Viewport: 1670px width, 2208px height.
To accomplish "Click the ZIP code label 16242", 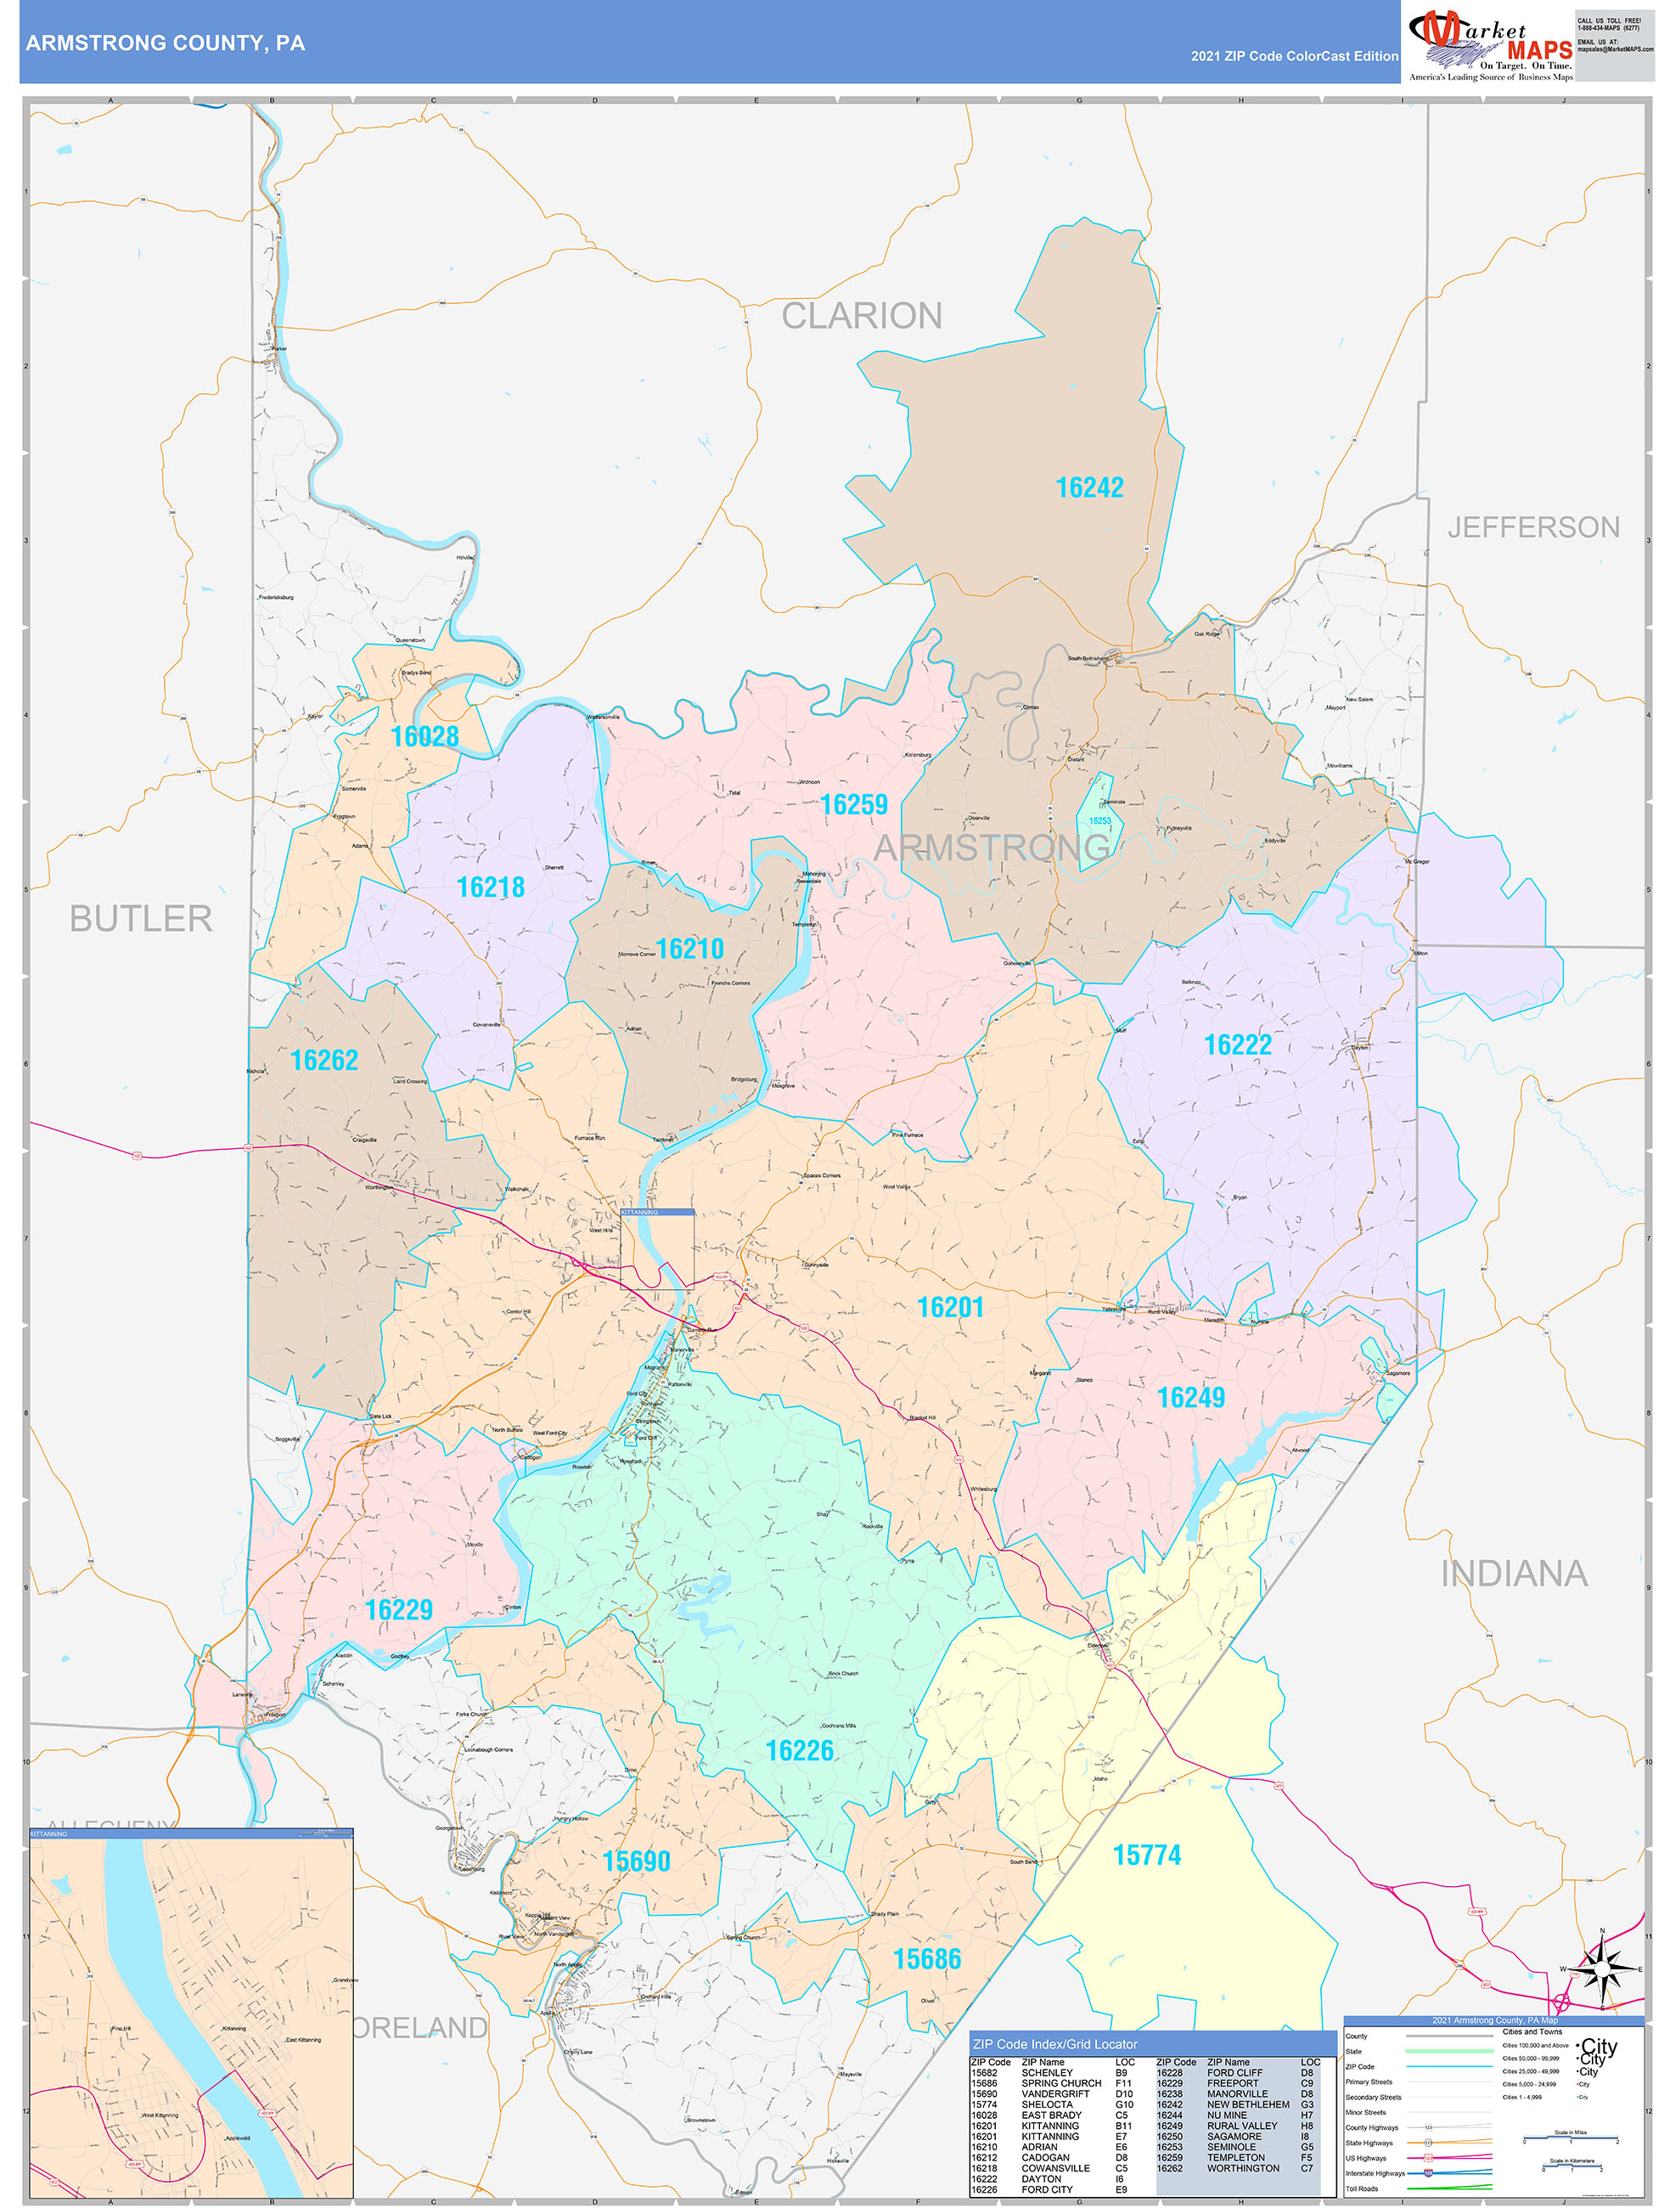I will point(1089,487).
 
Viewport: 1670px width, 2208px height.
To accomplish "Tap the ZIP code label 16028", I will point(425,736).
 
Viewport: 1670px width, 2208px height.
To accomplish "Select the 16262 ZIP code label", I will point(323,1060).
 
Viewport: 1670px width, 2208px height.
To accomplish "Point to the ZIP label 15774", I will point(1147,1855).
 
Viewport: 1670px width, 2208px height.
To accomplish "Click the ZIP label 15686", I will point(926,1958).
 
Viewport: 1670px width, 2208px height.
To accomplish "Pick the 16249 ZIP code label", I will point(1189,1398).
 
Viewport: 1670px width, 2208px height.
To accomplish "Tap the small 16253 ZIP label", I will point(1099,820).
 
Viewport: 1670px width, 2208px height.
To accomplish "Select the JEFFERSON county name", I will point(1533,527).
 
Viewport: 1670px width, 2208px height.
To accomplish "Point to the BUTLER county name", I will point(141,918).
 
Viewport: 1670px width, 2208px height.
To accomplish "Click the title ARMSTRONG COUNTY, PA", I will point(166,43).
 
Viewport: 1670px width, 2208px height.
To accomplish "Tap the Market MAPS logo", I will point(1489,42).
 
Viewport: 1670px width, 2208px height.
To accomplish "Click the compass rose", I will point(1601,1969).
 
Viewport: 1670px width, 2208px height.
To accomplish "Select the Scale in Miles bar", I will point(1570,2140).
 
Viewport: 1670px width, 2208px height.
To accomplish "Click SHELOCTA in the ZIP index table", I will point(1046,2104).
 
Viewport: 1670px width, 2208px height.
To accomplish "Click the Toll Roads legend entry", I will point(1362,2188).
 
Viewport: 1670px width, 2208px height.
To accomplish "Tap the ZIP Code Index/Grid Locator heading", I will point(1054,2044).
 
